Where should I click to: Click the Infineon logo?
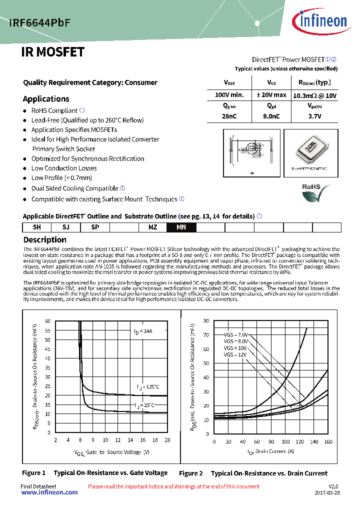tap(322, 21)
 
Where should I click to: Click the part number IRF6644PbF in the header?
tap(39, 22)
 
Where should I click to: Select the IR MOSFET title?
tap(52, 52)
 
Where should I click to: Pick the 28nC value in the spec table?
tap(229, 116)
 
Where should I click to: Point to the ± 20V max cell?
tap(271, 95)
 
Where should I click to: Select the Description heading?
tap(44, 239)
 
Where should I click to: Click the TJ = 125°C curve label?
tap(148, 386)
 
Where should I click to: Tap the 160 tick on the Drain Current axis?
tap(328, 441)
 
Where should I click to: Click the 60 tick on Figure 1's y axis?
tap(48, 321)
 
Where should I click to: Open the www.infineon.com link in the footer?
tap(49, 492)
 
